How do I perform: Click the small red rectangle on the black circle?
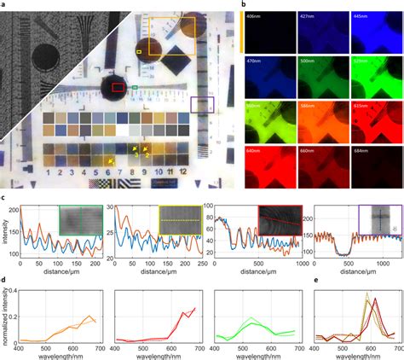pos(118,86)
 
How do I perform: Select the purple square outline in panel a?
pos(201,105)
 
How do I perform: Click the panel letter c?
pos(4,197)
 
